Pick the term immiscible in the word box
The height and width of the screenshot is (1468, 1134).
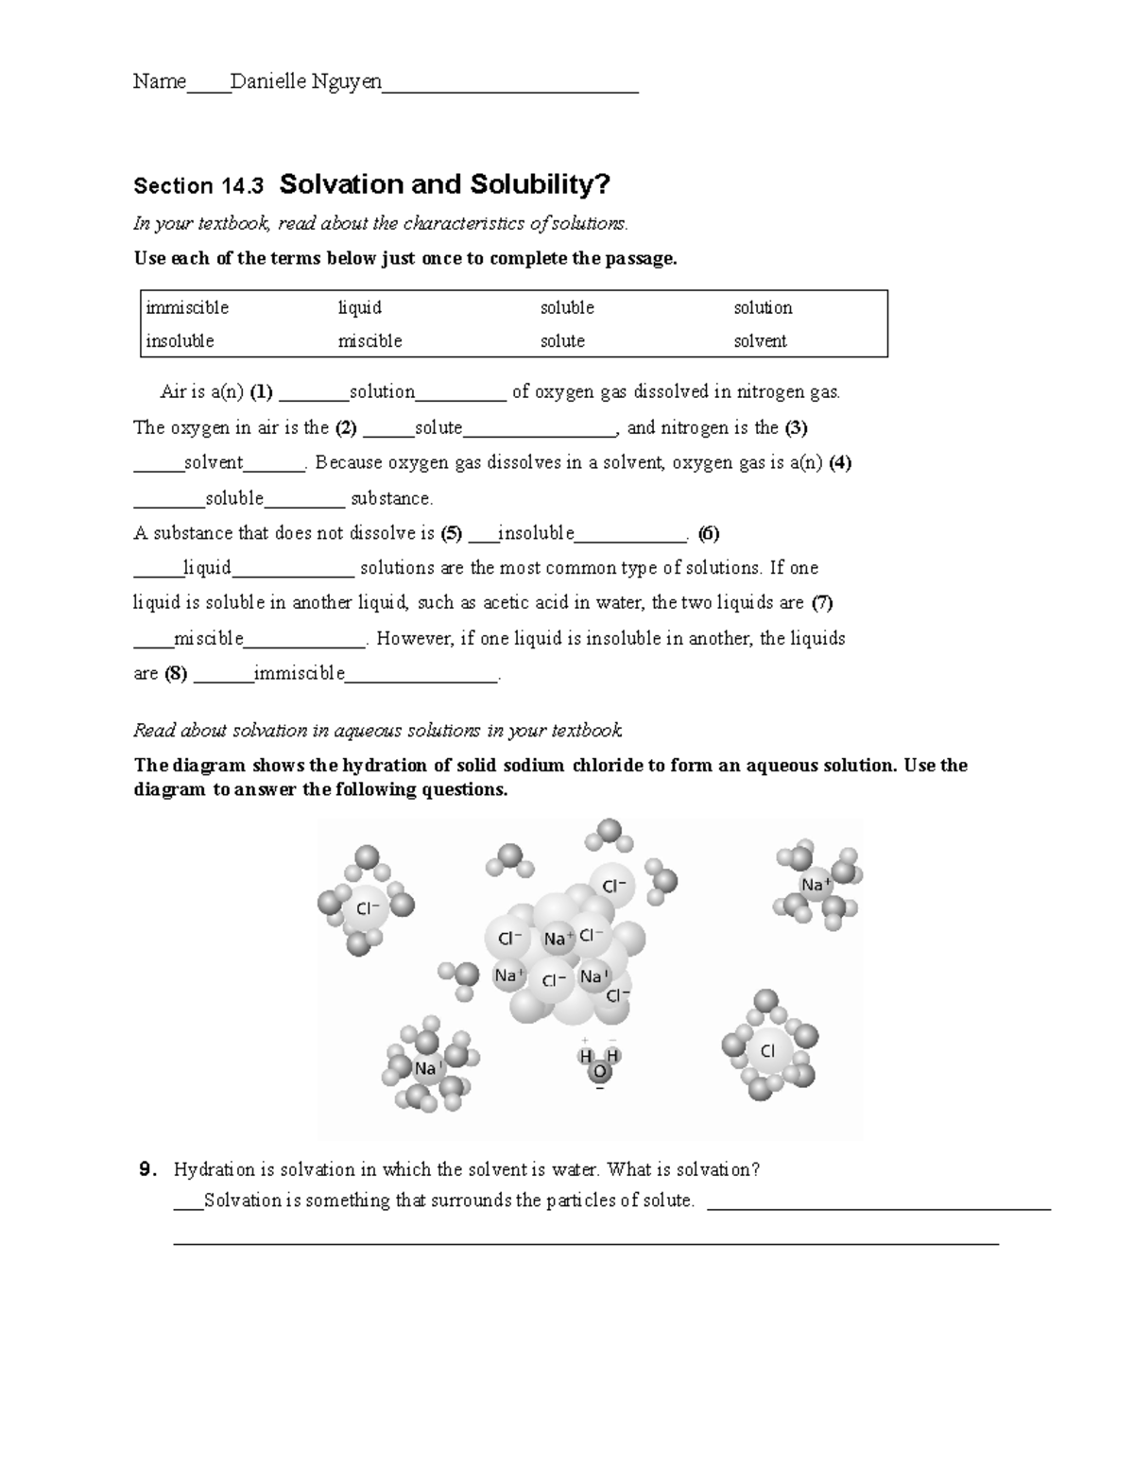coord(187,308)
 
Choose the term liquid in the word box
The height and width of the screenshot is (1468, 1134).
coord(360,308)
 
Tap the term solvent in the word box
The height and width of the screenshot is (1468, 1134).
coord(760,341)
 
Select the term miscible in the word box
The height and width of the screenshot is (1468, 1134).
coord(369,341)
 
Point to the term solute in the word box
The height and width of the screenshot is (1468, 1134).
coord(562,341)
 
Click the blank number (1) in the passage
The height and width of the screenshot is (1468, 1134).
coord(262,392)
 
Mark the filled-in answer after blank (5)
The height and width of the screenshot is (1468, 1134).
coord(536,533)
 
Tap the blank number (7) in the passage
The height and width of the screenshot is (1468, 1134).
coord(822,603)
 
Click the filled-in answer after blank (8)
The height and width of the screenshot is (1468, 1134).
coord(300,674)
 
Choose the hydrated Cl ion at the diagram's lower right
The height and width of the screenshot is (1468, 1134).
coord(768,1050)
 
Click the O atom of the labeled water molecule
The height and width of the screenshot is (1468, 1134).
coord(598,1072)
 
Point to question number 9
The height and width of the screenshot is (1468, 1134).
coord(146,1170)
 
